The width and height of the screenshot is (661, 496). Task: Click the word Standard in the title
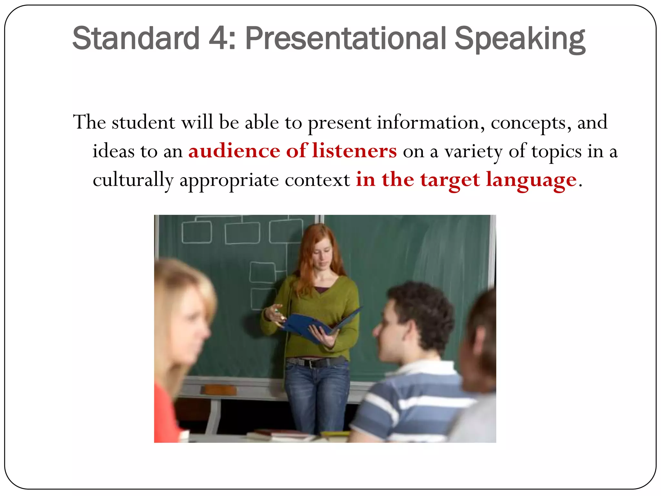[x=136, y=39]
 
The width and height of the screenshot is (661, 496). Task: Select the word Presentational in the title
[x=346, y=39]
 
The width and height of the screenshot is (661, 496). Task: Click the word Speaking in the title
[x=520, y=39]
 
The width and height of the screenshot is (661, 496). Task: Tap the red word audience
[x=234, y=151]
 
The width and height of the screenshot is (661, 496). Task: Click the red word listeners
[x=354, y=151]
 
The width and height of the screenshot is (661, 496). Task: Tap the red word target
[x=450, y=180]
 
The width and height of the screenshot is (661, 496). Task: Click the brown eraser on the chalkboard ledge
[x=219, y=390]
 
